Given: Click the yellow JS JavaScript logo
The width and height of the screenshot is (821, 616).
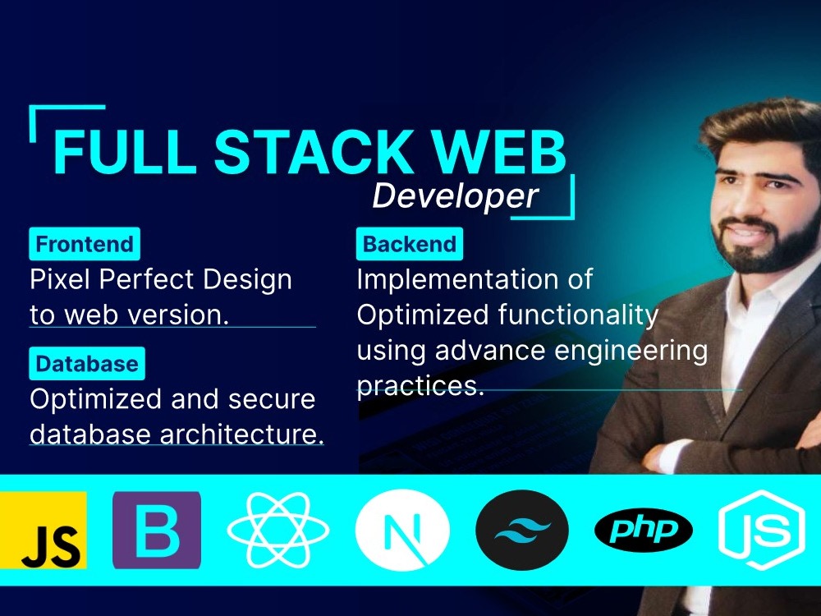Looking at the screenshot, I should pos(43,530).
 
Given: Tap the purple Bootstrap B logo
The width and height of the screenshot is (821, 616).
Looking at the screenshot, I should pos(156,530).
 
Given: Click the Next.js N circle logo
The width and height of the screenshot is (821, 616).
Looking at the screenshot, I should pos(402,530).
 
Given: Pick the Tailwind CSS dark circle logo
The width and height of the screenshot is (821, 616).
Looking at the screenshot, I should pos(523,530).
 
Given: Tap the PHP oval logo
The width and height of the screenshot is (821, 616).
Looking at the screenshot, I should pos(644,530).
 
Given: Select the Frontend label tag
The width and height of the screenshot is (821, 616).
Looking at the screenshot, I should pos(85,244).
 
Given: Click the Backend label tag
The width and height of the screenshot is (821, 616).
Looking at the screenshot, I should pos(410,244).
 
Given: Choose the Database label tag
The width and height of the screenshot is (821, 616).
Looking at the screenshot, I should pos(87,364).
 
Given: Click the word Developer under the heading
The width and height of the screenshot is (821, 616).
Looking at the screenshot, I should pos(454,196).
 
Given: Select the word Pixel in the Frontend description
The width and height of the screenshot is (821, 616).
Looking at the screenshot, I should pos(61,279).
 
